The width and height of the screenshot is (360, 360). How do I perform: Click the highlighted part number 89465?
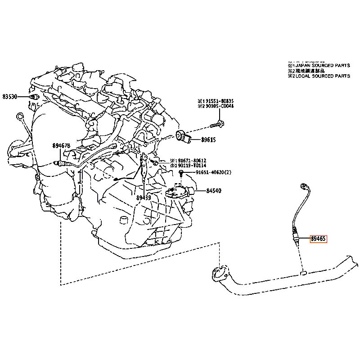point(318,239)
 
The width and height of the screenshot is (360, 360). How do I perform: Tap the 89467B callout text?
point(61,146)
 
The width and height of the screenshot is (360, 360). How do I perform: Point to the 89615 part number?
point(208,140)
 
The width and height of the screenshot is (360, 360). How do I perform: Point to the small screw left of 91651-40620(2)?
point(181,173)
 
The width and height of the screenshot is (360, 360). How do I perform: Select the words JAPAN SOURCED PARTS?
point(325,65)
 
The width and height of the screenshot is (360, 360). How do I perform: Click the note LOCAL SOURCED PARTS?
point(325,76)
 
